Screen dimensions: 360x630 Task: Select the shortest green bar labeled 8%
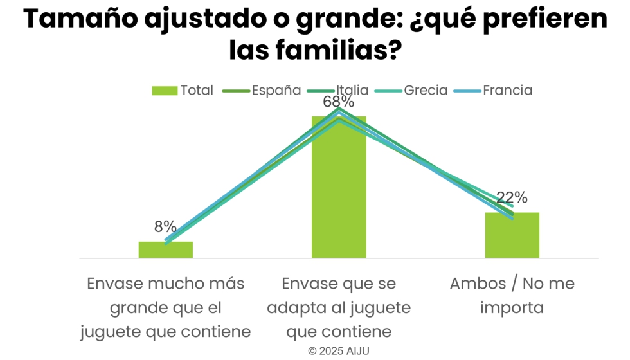[166, 249]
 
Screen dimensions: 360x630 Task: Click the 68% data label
[339, 102]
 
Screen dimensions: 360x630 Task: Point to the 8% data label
[165, 226]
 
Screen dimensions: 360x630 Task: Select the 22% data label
[512, 197]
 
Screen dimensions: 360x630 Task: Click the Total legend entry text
[197, 91]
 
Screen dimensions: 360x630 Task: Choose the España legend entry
[276, 90]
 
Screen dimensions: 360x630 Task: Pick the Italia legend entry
[352, 90]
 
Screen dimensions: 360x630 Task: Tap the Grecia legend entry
[426, 90]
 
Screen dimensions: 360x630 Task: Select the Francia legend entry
[507, 90]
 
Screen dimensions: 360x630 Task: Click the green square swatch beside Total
[165, 91]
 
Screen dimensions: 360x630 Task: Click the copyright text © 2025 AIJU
[339, 351]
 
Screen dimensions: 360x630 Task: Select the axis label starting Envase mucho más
[165, 307]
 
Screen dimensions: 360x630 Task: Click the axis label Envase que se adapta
[339, 307]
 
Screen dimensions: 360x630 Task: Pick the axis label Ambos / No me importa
[512, 295]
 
